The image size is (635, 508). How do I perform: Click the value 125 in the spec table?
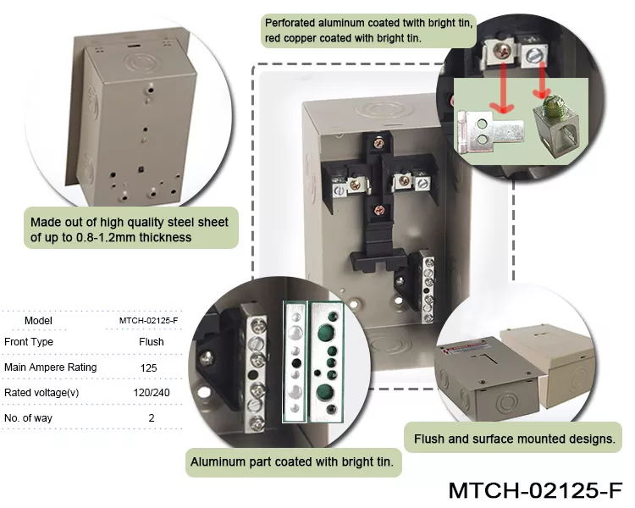click(x=149, y=367)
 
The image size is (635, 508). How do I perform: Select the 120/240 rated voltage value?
click(x=152, y=393)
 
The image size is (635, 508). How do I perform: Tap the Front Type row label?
click(x=28, y=342)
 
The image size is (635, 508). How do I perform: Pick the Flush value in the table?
click(x=152, y=342)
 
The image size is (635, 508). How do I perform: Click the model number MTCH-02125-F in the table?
click(x=149, y=320)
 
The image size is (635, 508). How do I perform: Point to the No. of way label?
click(x=28, y=417)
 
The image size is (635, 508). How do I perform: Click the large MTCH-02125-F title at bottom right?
click(x=535, y=489)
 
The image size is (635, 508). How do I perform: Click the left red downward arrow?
click(x=503, y=88)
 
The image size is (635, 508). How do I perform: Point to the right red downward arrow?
click(x=541, y=80)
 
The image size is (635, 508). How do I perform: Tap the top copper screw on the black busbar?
click(x=378, y=142)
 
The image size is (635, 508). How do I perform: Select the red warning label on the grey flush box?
click(x=466, y=348)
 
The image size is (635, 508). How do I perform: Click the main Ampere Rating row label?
click(x=51, y=367)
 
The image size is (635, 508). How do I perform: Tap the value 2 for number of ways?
click(x=152, y=417)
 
